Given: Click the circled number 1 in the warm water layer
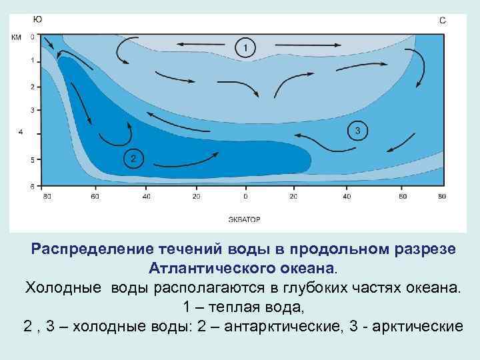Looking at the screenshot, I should click(x=245, y=47).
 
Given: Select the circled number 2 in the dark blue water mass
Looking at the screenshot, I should click(x=133, y=158).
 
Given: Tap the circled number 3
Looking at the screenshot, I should click(x=357, y=130).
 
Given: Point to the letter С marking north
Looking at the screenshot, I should click(x=443, y=21).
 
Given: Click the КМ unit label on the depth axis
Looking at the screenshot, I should click(x=16, y=37).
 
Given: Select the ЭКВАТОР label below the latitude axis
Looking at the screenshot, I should click(x=244, y=219).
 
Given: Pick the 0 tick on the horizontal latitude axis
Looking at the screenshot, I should click(x=245, y=197).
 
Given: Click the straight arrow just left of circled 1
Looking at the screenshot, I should click(x=201, y=44).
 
